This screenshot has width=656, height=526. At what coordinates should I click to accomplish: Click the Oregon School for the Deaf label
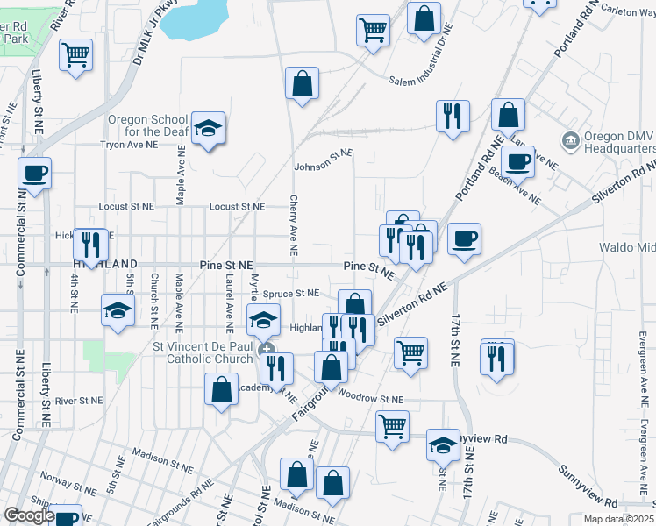[x=147, y=125]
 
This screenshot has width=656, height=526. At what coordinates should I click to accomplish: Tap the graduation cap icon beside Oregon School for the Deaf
[x=209, y=130]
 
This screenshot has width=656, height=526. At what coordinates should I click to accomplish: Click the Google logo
[x=28, y=515]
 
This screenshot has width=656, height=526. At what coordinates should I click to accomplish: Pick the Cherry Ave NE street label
[x=294, y=225]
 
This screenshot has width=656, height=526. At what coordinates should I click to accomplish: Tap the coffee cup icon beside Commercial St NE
[x=35, y=174]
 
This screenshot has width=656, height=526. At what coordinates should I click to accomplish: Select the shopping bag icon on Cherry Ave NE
[x=302, y=85]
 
